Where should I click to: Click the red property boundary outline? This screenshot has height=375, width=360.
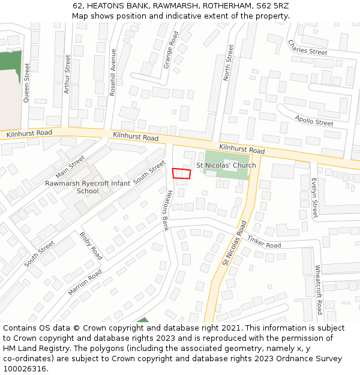click(181, 173)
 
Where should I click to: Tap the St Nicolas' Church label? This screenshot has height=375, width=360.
click(226, 166)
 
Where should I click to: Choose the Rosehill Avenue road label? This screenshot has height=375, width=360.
click(112, 72)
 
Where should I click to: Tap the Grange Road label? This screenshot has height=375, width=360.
click(171, 50)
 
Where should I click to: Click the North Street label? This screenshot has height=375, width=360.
click(227, 66)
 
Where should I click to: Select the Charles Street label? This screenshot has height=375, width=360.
click(307, 48)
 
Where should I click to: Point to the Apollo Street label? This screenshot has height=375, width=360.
click(314, 121)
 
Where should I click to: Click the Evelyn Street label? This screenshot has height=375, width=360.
click(314, 198)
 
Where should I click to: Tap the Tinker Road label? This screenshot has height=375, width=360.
click(264, 242)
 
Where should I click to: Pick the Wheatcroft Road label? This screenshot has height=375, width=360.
click(318, 289)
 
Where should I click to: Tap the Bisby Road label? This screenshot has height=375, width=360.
click(91, 246)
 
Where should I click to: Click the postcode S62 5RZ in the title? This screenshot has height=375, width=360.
click(272, 5)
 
